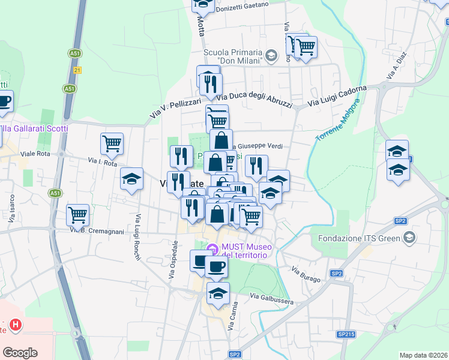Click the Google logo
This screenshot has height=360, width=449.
click(20, 353)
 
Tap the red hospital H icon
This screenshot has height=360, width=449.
click(16, 326)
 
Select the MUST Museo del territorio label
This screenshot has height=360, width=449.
click(244, 251)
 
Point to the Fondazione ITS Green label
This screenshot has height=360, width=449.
click(360, 238)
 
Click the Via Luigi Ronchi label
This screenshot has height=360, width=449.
click(137, 237)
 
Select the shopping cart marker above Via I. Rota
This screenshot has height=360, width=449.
click(112, 143)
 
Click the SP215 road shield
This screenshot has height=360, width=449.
click(346, 334)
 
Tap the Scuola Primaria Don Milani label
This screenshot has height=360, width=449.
click(234, 56)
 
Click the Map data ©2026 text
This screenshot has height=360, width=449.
click(423, 355)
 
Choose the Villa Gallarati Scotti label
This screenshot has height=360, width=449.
click(34, 128)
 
